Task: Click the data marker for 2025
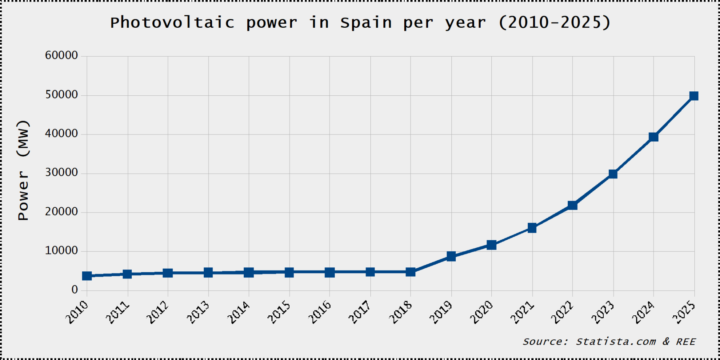tap(693, 96)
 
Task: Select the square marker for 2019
tap(451, 256)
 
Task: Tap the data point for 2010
tap(87, 276)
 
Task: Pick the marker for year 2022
tap(572, 205)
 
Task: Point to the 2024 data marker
tap(654, 137)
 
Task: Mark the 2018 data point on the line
tap(411, 272)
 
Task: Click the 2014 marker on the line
tap(249, 273)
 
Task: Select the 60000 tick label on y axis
tap(61, 55)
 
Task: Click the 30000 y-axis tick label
tap(61, 172)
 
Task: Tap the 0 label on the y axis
tap(74, 290)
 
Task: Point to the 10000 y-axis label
tap(61, 251)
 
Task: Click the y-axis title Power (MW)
tap(23, 170)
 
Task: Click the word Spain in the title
tap(366, 23)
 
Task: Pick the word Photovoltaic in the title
tap(172, 23)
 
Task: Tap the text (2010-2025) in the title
tap(555, 23)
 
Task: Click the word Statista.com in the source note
tap(616, 341)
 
